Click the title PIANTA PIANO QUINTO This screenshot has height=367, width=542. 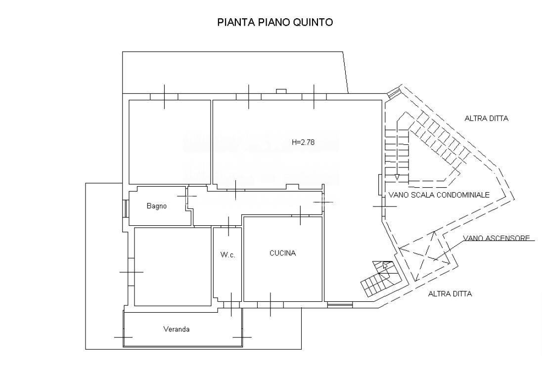point(275,22)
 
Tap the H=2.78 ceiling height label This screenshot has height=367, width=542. point(303,142)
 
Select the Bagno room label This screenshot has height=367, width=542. point(157,206)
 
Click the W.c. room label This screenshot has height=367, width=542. point(227,255)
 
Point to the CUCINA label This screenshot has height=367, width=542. point(282,253)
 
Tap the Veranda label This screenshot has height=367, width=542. point(177,329)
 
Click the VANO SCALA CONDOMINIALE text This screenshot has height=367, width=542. point(439,195)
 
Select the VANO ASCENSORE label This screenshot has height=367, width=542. point(496,238)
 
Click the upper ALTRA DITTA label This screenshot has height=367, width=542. point(486,119)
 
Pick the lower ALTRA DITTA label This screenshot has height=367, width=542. point(450,294)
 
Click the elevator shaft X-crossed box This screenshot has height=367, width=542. point(425,255)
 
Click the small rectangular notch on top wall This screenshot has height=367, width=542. point(281,91)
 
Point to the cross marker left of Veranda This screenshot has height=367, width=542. point(123,337)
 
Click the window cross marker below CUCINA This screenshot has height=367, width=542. point(271,304)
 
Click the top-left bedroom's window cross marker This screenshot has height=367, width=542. point(164,96)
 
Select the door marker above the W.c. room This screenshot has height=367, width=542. point(228,226)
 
